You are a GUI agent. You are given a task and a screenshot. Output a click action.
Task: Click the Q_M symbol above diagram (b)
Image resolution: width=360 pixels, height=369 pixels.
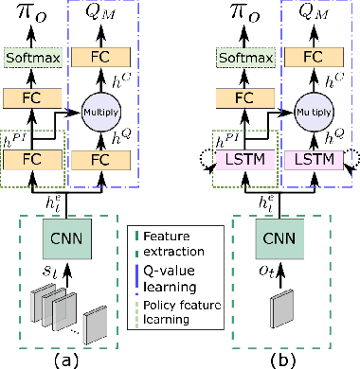pyautogui.click(x=310, y=13)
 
